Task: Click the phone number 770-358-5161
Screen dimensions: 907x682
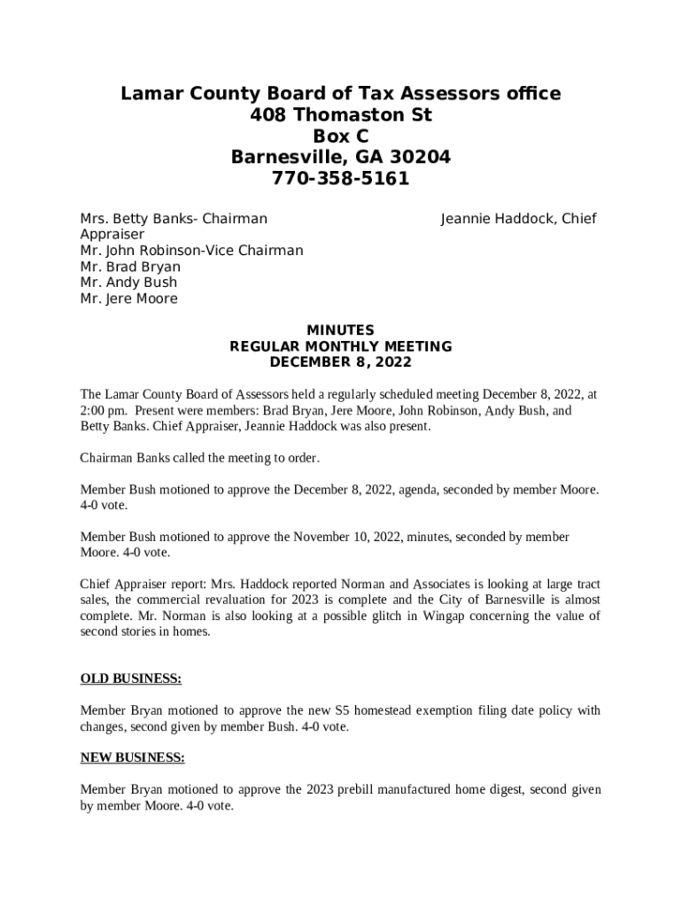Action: (x=341, y=179)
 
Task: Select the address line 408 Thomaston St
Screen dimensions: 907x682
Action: (x=341, y=115)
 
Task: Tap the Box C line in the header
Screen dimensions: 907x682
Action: (x=341, y=136)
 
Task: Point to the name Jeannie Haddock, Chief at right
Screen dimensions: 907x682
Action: (x=518, y=219)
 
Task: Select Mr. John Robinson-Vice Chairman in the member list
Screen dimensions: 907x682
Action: (x=191, y=251)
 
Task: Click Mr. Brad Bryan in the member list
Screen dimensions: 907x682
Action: (x=130, y=267)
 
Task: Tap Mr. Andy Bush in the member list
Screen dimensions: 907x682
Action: (x=128, y=283)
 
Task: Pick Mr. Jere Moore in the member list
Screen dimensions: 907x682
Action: (x=128, y=298)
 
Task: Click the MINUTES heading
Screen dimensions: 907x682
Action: (x=341, y=330)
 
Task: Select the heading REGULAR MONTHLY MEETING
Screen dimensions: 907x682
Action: (x=341, y=346)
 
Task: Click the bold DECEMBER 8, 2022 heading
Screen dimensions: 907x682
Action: (x=341, y=362)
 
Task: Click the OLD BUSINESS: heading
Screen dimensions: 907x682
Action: (x=131, y=678)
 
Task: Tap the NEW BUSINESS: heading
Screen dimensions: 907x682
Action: (x=133, y=757)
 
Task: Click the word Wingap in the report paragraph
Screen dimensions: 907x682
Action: (x=438, y=616)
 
